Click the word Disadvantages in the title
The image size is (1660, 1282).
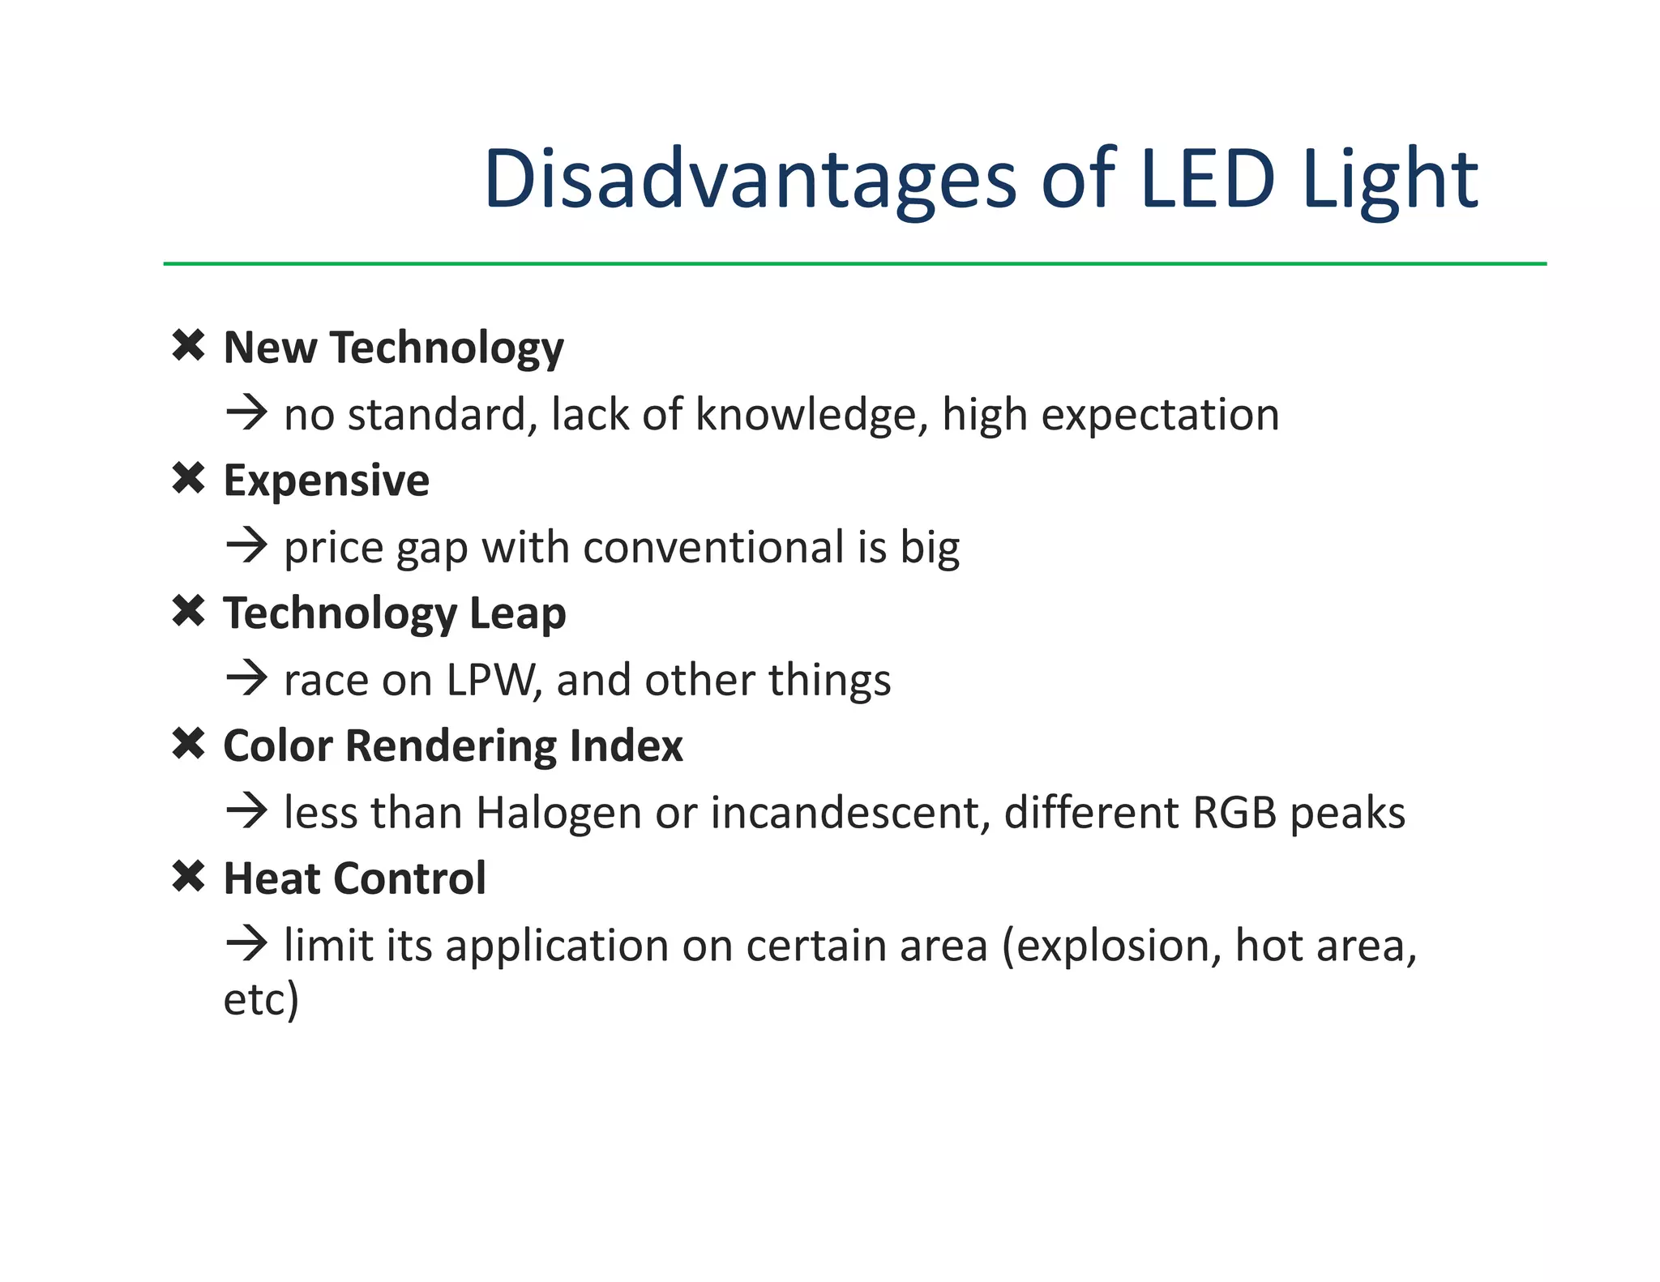(750, 179)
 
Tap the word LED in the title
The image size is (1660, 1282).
(1207, 179)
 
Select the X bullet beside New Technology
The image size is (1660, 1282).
(189, 346)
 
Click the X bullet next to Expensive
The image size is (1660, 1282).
(189, 479)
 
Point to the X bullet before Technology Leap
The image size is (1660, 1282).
(189, 611)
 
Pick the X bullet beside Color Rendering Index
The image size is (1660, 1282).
(189, 744)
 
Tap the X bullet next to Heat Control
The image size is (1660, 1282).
(189, 877)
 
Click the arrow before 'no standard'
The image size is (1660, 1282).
(246, 413)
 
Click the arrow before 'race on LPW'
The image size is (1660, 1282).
(246, 678)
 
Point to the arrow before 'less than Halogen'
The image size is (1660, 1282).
(246, 811)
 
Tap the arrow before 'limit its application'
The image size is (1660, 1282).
(246, 944)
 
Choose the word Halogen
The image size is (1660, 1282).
(558, 814)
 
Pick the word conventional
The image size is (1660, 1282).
(713, 548)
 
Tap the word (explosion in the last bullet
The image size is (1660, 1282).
(1111, 947)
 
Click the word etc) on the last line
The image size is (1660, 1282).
(261, 999)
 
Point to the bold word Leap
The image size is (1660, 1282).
(517, 614)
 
